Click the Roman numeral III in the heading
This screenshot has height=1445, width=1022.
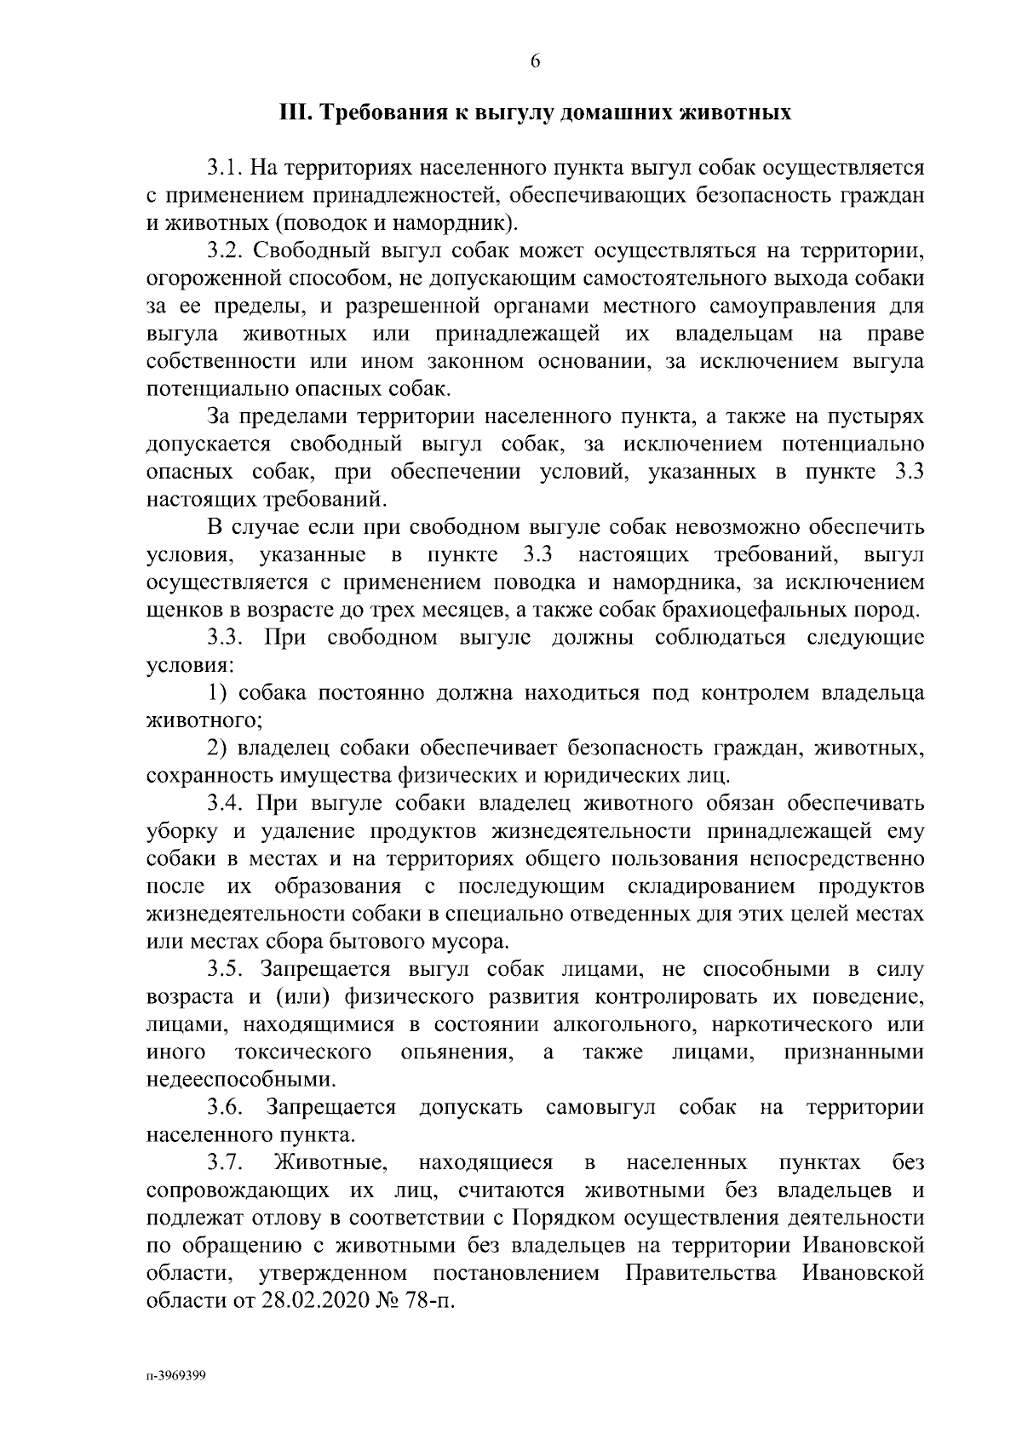[x=296, y=113]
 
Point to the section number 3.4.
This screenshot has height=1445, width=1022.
[x=225, y=805]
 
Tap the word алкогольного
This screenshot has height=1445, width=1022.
[x=623, y=1025]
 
